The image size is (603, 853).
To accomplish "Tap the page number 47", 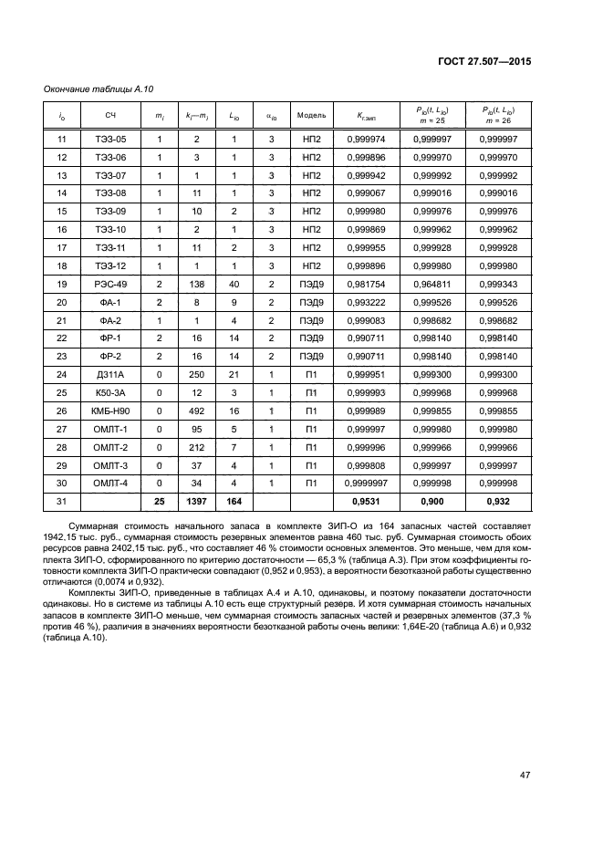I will point(525,775).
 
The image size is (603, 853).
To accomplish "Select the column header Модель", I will point(311,115).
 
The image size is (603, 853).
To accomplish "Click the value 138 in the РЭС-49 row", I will point(195,284).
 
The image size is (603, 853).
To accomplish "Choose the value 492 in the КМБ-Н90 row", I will point(195,411).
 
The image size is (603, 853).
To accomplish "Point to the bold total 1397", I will point(195,501).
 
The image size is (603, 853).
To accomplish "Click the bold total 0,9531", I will point(372,501).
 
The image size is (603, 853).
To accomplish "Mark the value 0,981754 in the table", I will point(372,284).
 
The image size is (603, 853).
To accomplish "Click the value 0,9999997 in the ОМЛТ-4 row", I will point(372,483).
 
